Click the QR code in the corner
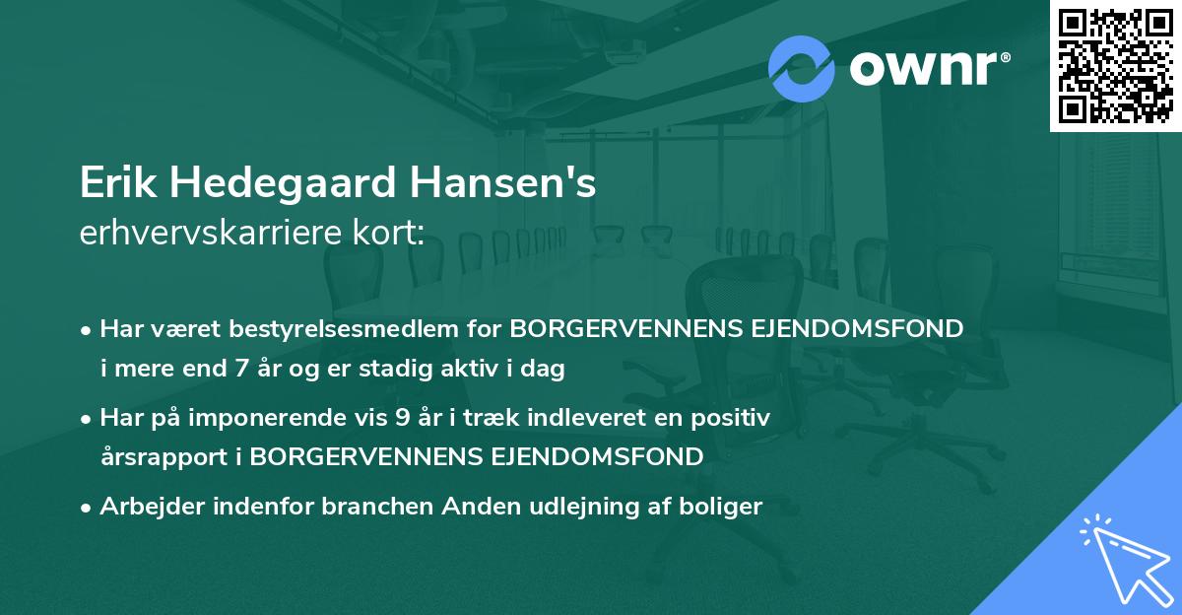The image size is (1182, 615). click(x=1115, y=65)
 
